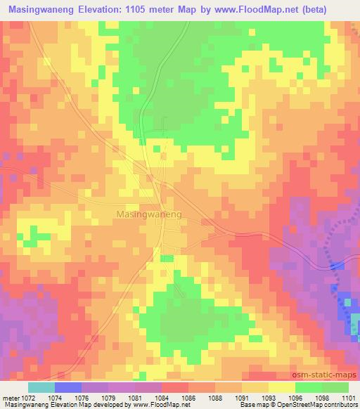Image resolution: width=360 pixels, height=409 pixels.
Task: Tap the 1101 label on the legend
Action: pyautogui.click(x=347, y=397)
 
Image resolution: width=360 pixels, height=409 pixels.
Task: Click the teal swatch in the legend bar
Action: pyautogui.click(x=41, y=387)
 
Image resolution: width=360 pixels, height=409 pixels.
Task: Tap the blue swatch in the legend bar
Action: pyautogui.click(x=68, y=387)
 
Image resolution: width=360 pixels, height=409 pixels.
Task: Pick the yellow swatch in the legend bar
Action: pyautogui.click(x=281, y=387)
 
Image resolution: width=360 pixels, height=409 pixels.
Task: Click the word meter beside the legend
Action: pyautogui.click(x=11, y=397)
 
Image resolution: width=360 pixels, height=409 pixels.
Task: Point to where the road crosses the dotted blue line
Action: pyautogui.click(x=335, y=264)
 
